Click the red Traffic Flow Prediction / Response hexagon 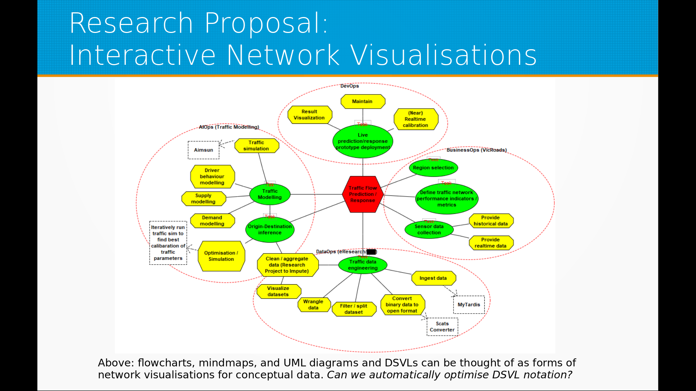[x=362, y=194]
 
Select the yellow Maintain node [x=362, y=102]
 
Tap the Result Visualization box [x=310, y=115]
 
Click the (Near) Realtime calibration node [x=416, y=119]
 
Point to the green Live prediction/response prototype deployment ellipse [x=362, y=141]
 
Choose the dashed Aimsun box [x=203, y=150]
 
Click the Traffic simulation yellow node [x=256, y=146]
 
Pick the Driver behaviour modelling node [x=212, y=177]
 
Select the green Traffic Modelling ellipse [x=270, y=194]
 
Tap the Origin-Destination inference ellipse [x=270, y=230]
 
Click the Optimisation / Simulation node [x=221, y=256]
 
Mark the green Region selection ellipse [x=434, y=168]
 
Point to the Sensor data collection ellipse [x=429, y=230]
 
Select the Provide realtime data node [x=491, y=243]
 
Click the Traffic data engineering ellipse [x=363, y=265]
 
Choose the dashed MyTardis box [x=469, y=305]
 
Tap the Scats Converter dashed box [x=442, y=327]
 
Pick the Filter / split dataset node [x=354, y=309]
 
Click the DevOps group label [x=349, y=86]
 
